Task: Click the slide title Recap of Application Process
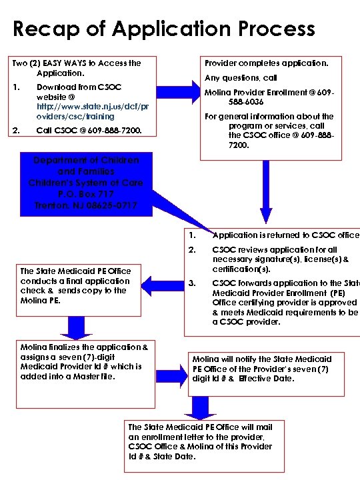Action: (164, 29)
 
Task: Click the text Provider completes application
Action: (266, 63)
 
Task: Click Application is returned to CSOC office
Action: (285, 235)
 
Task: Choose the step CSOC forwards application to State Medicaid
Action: (285, 302)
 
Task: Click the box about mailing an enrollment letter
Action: (199, 441)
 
